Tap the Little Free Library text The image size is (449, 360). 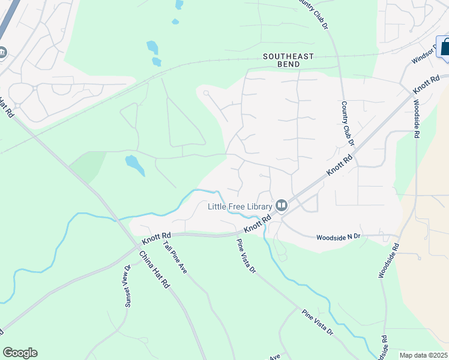tap(240, 206)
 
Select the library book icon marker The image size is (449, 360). tap(282, 206)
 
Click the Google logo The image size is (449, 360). tap(20, 353)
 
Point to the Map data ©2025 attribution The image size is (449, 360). tap(423, 355)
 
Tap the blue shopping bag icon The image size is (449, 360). tap(445, 47)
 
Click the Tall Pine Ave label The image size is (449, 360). tap(175, 254)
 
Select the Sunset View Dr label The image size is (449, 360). tap(127, 287)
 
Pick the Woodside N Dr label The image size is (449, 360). tap(339, 237)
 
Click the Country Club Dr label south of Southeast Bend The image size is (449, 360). tap(346, 123)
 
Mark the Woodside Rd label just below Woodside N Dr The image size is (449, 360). tap(388, 260)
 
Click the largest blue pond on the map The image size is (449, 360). tap(134, 164)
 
